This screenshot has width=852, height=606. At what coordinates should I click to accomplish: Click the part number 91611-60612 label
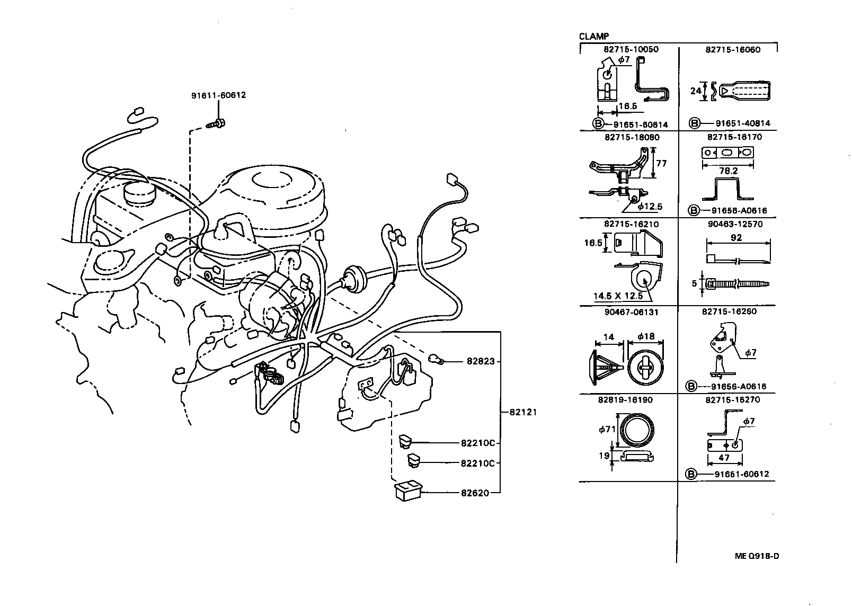(218, 96)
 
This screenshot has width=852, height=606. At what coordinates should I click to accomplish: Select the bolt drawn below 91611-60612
(215, 124)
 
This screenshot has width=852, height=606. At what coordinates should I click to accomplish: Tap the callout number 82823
(481, 361)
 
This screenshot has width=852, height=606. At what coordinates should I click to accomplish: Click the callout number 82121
(523, 412)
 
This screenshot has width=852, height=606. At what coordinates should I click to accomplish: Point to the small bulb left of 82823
(437, 360)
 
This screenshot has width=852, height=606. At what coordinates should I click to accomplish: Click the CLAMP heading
(593, 37)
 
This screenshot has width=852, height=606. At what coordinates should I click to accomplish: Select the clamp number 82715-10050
(631, 49)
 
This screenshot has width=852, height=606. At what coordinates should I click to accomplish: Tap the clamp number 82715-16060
(733, 49)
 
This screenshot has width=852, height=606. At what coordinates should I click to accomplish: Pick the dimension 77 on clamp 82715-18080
(661, 164)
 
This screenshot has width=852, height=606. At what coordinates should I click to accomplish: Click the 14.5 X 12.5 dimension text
(618, 296)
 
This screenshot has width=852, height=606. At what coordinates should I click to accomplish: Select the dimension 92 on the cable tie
(736, 238)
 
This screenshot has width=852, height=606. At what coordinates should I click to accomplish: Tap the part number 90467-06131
(631, 312)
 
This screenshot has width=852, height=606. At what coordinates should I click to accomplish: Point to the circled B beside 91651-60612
(691, 474)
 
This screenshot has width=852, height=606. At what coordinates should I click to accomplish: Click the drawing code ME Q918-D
(757, 556)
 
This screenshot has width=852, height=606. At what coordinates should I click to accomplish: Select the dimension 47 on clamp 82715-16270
(724, 458)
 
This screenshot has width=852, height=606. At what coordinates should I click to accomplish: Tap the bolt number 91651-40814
(742, 123)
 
